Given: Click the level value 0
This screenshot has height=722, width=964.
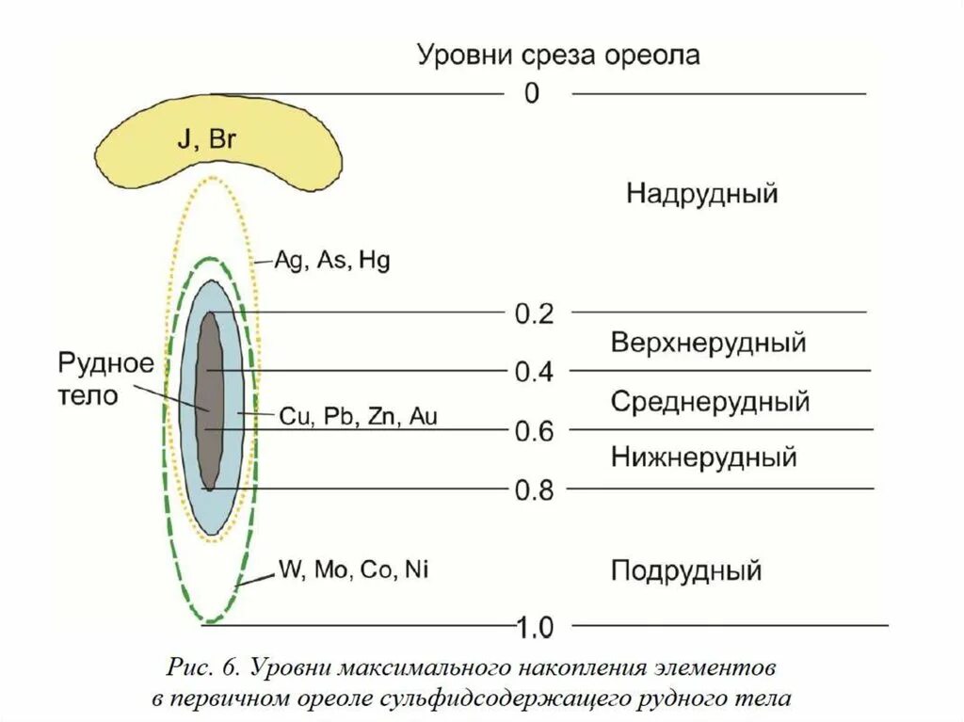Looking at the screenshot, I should pos(532,94).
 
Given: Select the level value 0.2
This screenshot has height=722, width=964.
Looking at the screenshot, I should pos(534,313).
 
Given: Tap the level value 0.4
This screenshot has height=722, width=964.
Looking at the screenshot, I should pos(534,372).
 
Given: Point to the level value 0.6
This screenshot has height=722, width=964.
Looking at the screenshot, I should pos(534,431).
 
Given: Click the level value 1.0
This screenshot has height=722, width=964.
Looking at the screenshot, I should pos(534,626).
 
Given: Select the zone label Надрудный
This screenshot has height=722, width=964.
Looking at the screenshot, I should pos(702,195).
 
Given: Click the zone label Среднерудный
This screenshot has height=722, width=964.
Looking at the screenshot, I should pos(710,402).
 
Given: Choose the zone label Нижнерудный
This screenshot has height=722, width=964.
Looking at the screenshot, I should pos(704,457).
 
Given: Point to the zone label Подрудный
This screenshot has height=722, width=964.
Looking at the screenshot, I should pos(686,570).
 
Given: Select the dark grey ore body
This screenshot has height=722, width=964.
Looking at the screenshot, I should pos(210,400).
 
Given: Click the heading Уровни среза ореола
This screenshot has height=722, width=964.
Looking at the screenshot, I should pos(559,55).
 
